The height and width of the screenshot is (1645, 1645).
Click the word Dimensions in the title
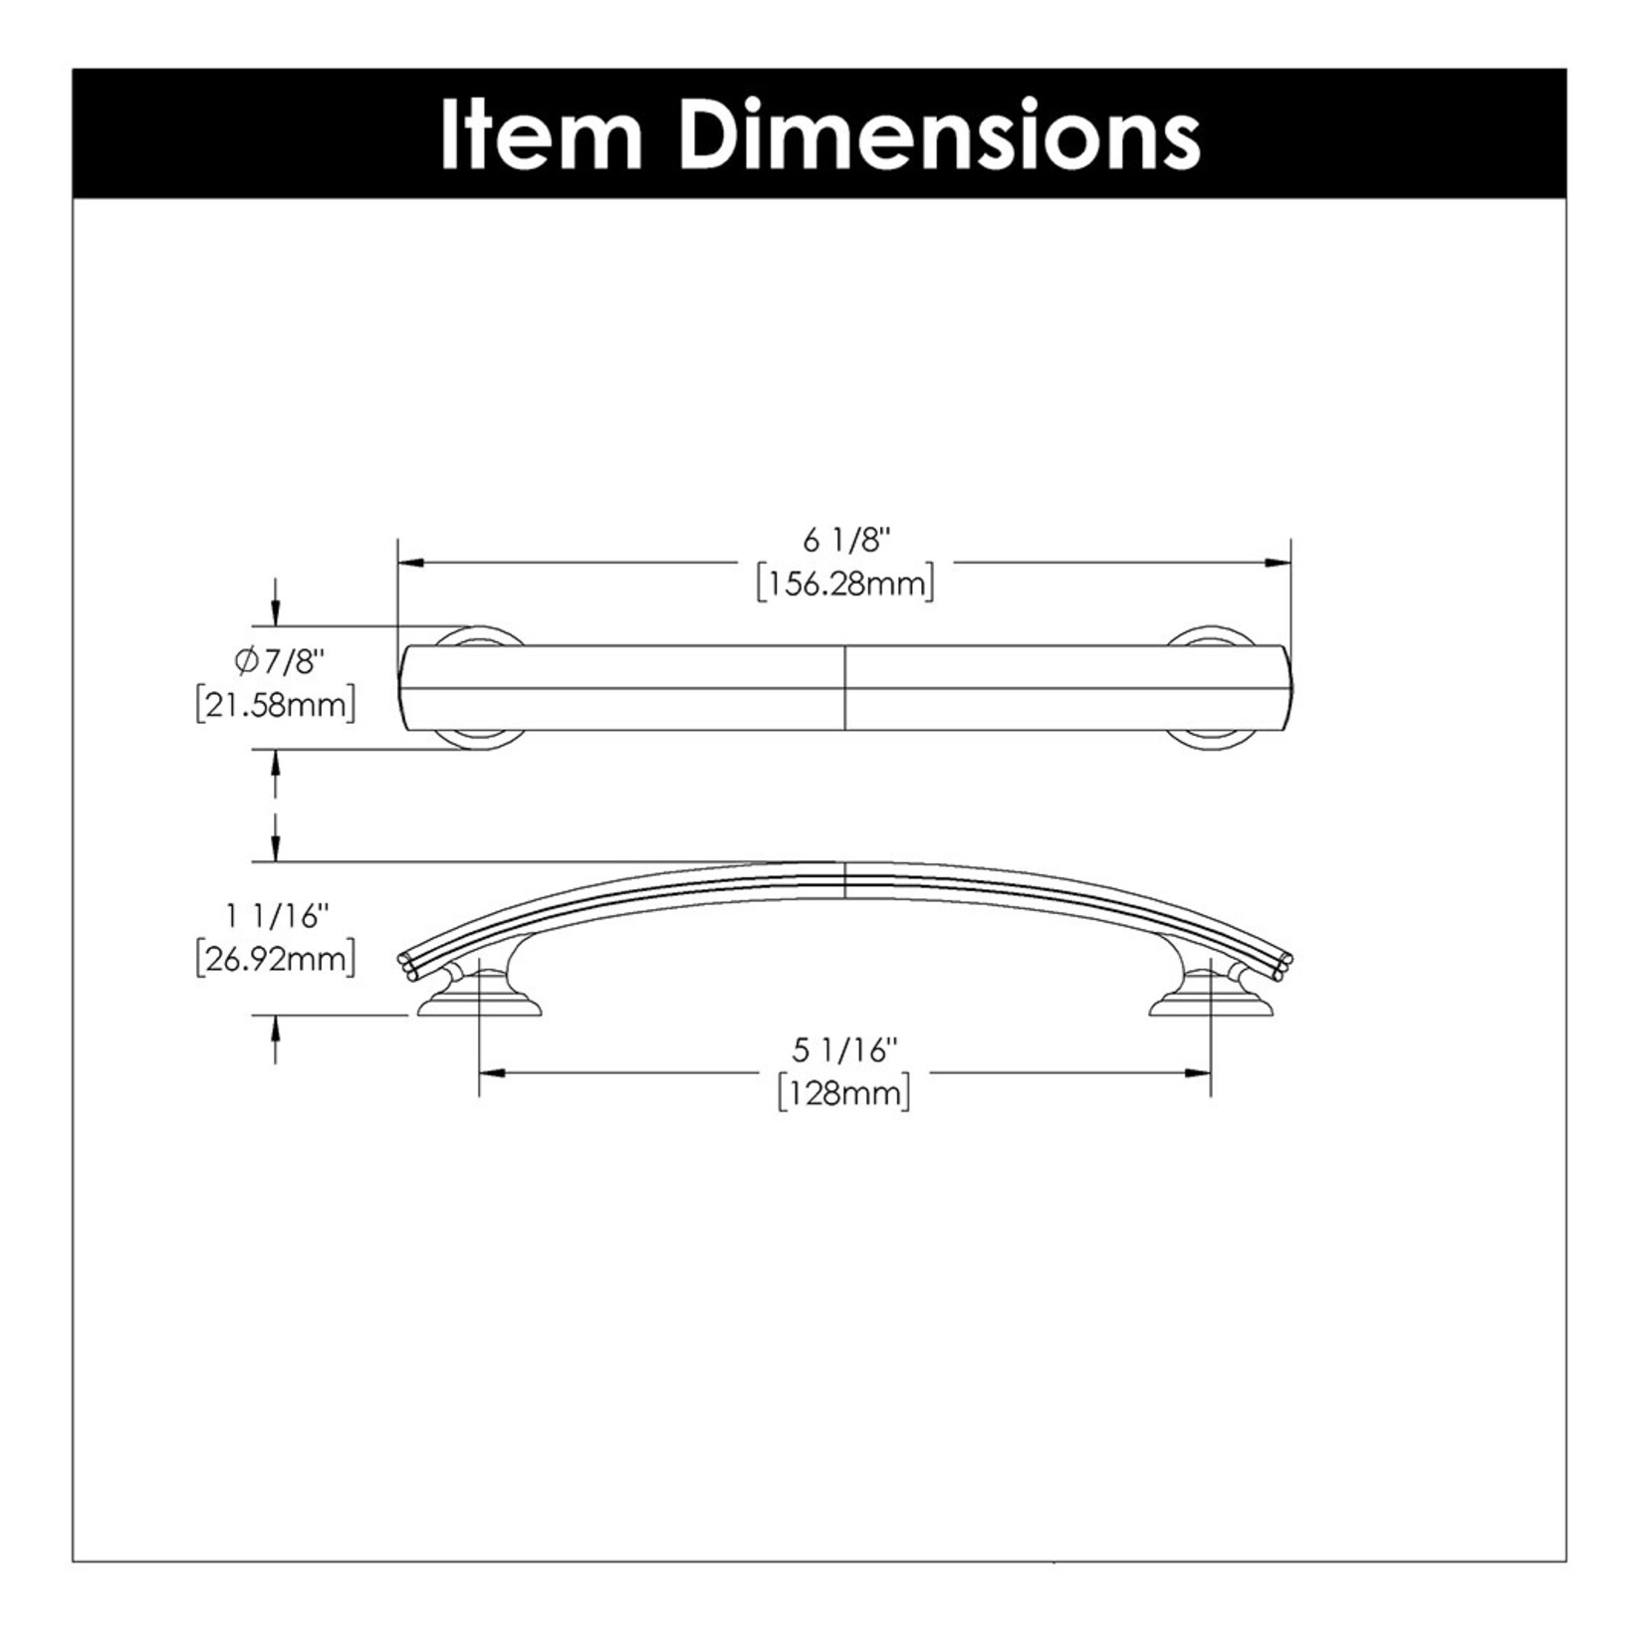tap(942, 135)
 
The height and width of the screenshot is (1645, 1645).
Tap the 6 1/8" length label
tap(845, 541)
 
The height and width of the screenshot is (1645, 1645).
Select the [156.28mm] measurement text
tap(845, 584)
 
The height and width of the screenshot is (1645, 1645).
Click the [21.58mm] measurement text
tap(276, 704)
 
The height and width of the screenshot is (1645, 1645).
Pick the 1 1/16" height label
tap(278, 916)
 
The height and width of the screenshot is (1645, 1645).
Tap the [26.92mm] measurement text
tap(276, 960)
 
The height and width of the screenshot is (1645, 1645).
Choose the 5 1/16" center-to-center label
tap(845, 1050)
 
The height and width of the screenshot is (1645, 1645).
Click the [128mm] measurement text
tap(845, 1093)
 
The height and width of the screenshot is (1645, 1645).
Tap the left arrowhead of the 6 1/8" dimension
tap(410, 563)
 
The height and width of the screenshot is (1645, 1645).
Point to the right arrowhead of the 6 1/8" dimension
tap(1280, 563)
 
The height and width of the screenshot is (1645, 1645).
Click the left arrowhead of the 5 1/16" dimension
tap(492, 1072)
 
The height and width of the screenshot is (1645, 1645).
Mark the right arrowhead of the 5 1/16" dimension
tap(1199, 1072)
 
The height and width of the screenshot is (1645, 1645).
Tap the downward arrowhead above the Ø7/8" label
tap(276, 615)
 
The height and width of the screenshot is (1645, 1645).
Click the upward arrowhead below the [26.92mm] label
tap(276, 1027)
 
